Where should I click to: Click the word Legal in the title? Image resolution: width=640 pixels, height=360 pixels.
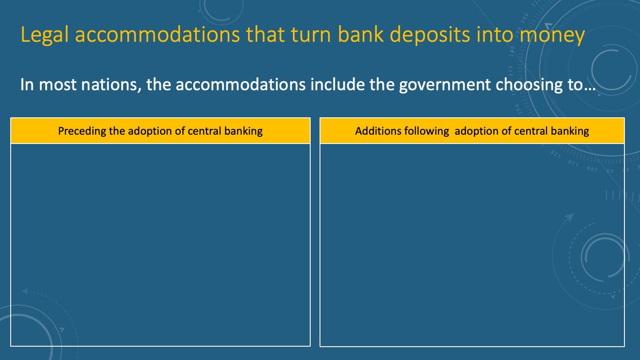[44, 35]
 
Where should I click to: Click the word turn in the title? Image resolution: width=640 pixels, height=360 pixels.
[311, 35]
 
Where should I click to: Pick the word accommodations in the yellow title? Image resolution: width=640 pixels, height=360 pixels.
[157, 35]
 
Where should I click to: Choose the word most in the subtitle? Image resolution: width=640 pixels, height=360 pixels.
[57, 85]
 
